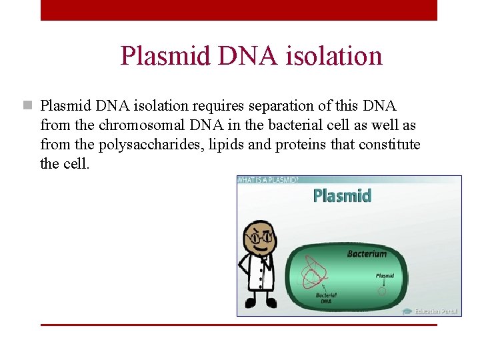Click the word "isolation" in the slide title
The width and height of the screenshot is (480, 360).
333,56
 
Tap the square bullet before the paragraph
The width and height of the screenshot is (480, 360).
27,105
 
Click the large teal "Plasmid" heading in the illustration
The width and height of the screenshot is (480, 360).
342,195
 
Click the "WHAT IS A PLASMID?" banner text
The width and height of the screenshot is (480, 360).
269,180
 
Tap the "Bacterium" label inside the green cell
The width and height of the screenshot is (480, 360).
367,253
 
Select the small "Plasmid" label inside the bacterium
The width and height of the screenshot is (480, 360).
385,275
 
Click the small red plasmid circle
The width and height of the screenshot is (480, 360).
382,291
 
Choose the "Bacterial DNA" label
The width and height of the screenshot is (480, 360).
326,297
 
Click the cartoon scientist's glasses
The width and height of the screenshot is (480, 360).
259,237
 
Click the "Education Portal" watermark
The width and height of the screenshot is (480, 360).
432,311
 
